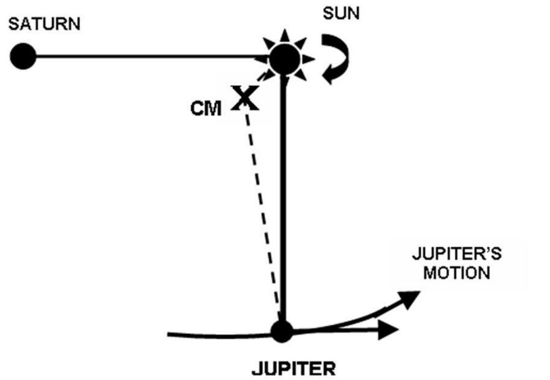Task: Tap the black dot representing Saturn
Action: click(x=23, y=56)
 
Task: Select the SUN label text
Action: click(x=341, y=13)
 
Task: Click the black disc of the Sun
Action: click(x=284, y=59)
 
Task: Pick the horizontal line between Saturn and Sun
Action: click(x=145, y=55)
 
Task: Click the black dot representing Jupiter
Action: click(x=282, y=332)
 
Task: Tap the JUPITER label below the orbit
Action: click(x=294, y=369)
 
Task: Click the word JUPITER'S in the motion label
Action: click(x=456, y=253)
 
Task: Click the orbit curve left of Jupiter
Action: click(x=215, y=336)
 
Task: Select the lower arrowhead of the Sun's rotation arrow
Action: click(x=329, y=77)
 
